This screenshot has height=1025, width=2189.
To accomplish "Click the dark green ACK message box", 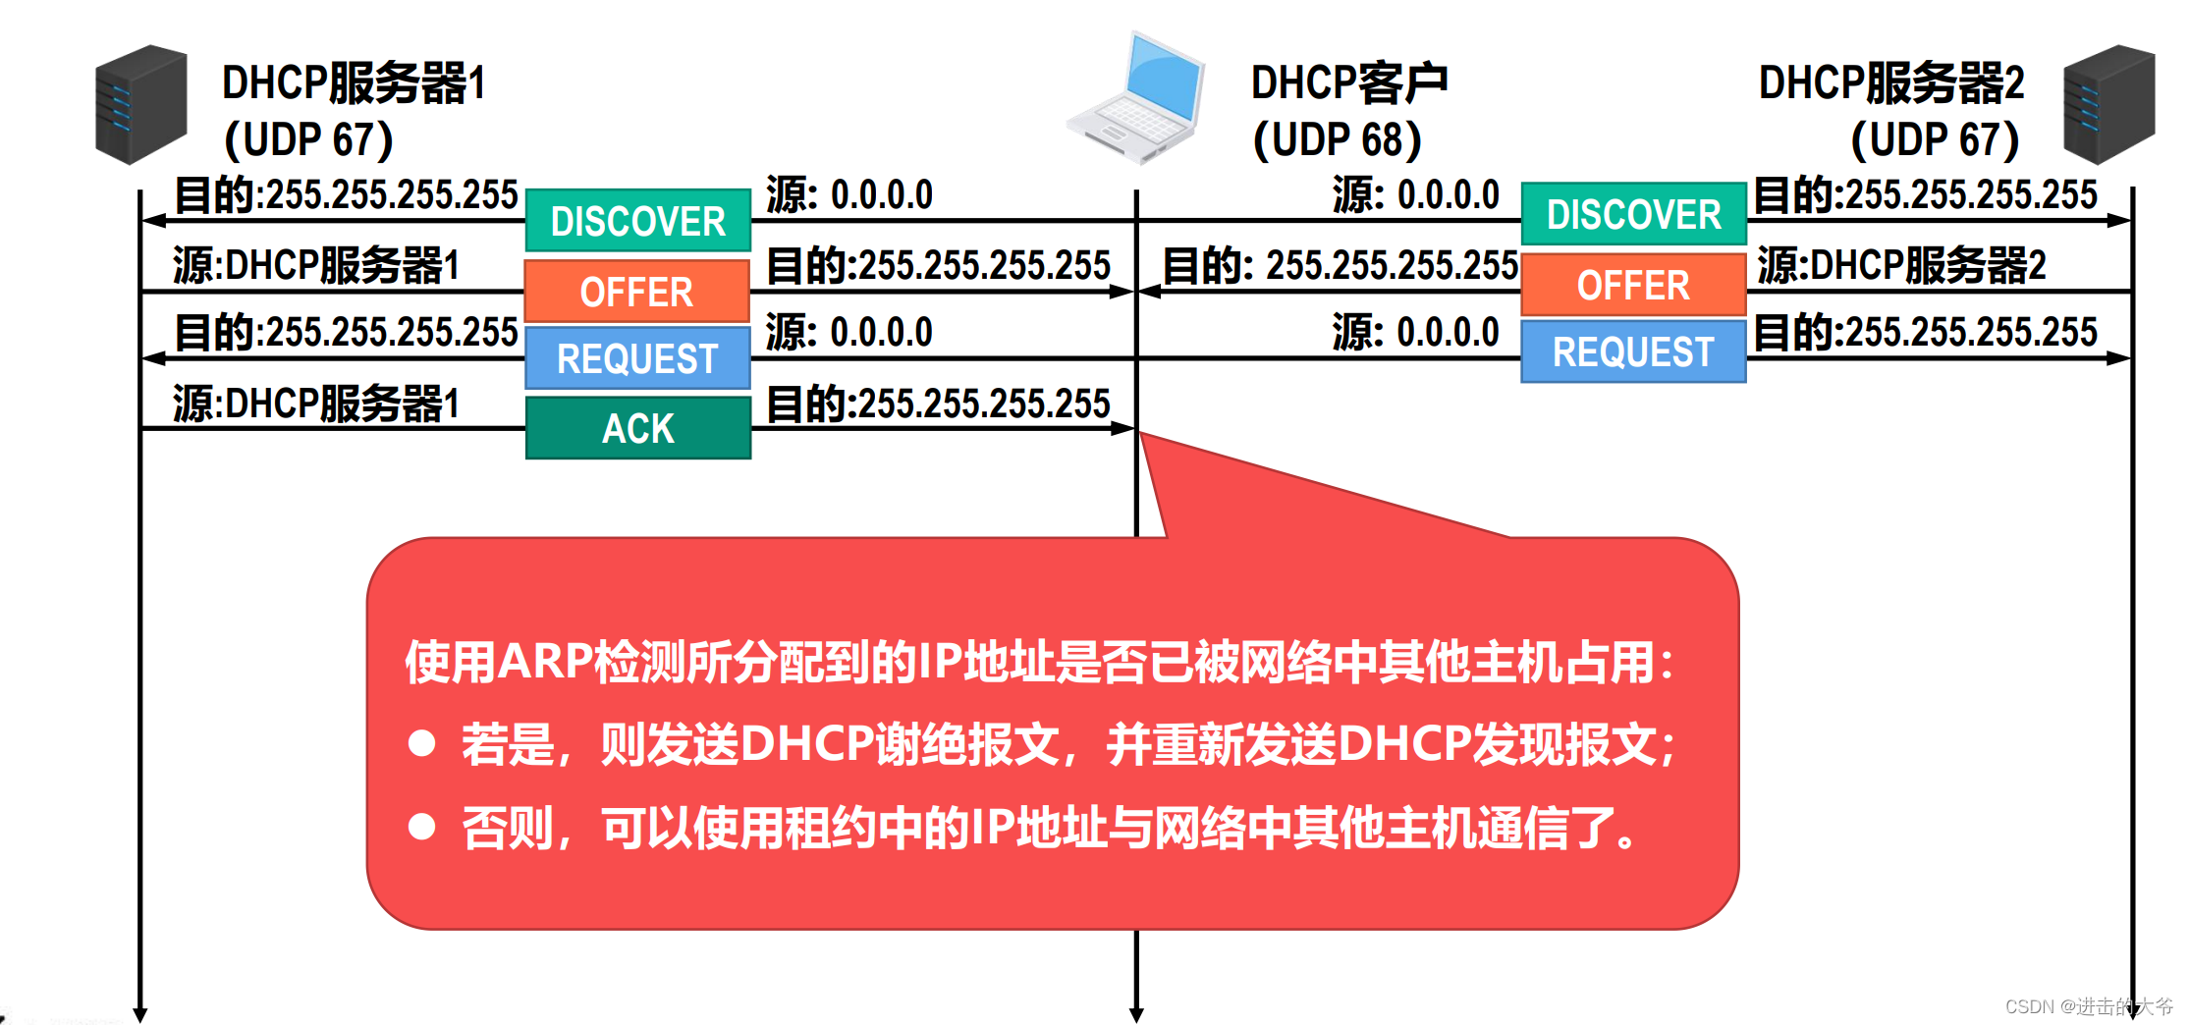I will [x=638, y=428].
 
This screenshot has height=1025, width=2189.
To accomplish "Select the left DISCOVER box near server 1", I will [x=638, y=221].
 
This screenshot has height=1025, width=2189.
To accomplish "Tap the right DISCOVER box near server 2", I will [x=1633, y=214].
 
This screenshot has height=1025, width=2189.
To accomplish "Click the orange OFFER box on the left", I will [x=636, y=292].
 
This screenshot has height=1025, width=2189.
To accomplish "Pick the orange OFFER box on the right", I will [x=1633, y=286].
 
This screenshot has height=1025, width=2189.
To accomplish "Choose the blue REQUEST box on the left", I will [x=638, y=358].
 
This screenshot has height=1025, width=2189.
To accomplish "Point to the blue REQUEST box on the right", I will [x=1633, y=351].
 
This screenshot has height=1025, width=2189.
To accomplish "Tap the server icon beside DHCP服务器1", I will [x=140, y=104].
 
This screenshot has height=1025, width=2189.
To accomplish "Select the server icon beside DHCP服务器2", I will [x=2108, y=104].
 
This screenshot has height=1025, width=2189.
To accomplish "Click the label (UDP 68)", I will [x=1337, y=140].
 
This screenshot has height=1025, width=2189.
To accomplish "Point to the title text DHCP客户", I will [x=1348, y=82].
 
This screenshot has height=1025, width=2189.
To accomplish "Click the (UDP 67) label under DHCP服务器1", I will [x=308, y=140].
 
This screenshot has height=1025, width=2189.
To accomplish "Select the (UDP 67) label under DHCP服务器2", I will [x=1934, y=140].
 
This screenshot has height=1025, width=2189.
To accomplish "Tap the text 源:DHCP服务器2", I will [x=1901, y=265].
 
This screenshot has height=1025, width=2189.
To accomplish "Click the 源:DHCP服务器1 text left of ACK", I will [x=316, y=404].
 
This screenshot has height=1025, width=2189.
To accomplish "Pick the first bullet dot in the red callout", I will [x=422, y=743].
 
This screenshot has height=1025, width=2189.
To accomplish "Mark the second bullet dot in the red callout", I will [x=422, y=827].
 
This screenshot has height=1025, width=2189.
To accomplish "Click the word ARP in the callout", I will [x=545, y=661].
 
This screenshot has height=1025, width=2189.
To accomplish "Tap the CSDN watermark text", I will [x=2088, y=1006].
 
